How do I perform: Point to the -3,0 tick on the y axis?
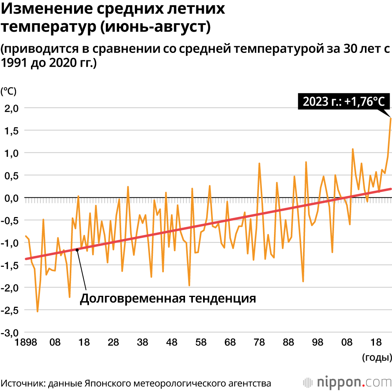click(11, 333)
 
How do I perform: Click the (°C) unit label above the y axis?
click(9, 92)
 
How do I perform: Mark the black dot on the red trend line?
click(77, 250)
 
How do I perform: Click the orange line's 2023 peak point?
click(390, 118)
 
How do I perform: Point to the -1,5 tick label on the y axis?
click(11, 265)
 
